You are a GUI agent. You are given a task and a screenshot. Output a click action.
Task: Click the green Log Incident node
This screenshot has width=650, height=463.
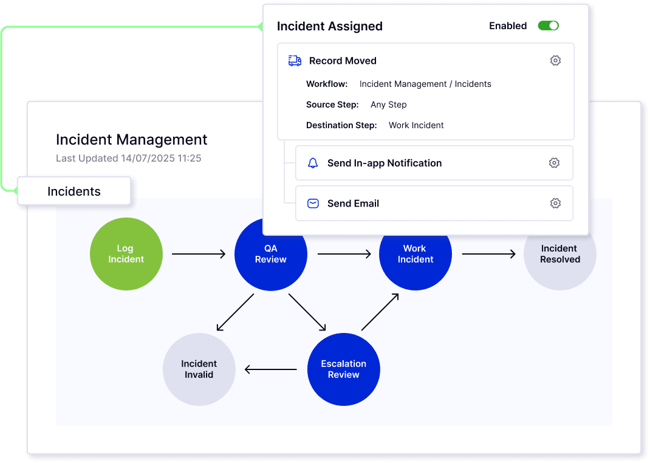click(x=126, y=254)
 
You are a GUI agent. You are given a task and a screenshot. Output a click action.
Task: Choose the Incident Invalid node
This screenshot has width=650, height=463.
click(x=199, y=369)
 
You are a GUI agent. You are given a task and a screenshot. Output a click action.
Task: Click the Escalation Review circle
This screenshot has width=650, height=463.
click(x=343, y=369)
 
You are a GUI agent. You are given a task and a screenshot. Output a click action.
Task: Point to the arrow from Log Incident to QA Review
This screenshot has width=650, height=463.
click(x=199, y=254)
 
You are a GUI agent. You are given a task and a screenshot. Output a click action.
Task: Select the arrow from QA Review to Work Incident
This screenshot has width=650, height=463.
click(x=344, y=254)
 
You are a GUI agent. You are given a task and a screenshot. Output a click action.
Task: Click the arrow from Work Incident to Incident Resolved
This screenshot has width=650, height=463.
click(x=488, y=254)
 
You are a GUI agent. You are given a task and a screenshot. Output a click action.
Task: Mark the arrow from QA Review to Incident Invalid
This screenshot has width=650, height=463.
click(x=235, y=312)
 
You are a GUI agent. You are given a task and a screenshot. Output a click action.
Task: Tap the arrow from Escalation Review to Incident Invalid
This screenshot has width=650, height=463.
click(x=271, y=369)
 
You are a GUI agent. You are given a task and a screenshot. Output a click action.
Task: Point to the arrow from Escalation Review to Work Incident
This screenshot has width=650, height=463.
click(x=380, y=312)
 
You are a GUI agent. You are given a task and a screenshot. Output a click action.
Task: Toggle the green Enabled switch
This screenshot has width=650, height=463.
click(x=548, y=26)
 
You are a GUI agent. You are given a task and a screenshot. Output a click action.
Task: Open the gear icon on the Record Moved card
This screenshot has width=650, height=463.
click(x=555, y=61)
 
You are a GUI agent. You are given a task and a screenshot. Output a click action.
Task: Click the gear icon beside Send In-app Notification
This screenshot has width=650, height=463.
click(x=554, y=163)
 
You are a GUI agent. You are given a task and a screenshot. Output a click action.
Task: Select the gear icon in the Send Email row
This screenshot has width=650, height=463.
click(x=555, y=204)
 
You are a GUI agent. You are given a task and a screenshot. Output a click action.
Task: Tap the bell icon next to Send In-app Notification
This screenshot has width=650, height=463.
click(x=313, y=163)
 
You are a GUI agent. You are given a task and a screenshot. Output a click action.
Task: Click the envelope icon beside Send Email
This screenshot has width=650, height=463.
click(x=313, y=204)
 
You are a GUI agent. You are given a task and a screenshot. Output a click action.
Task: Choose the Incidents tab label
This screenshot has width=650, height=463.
click(x=74, y=191)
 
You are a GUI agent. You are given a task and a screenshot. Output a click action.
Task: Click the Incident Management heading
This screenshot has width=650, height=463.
click(x=132, y=140)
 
